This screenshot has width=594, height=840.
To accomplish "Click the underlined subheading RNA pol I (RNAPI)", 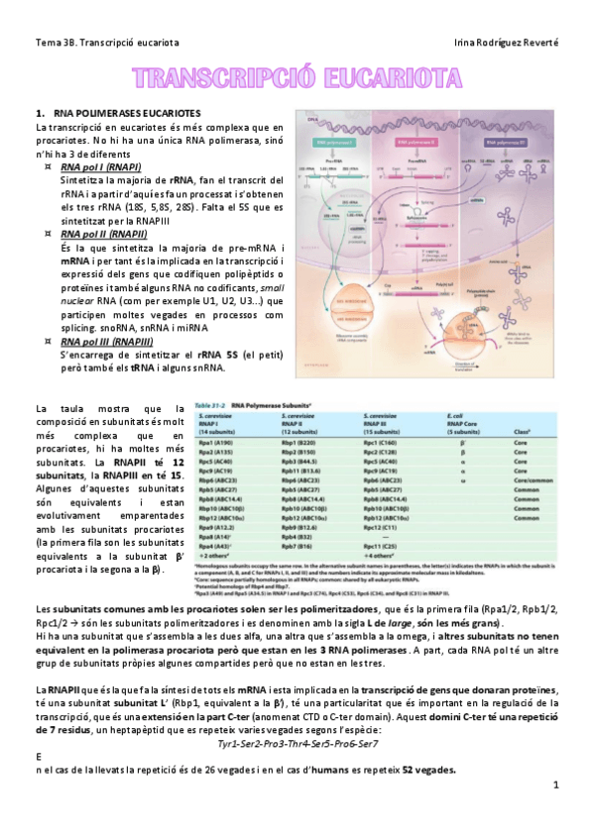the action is [99, 168].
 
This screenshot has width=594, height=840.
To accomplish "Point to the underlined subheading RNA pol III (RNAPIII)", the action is [105, 341].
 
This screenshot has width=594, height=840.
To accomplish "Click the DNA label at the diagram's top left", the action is [313, 121].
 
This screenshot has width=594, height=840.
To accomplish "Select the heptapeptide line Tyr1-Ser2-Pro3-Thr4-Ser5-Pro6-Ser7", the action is [297, 742].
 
